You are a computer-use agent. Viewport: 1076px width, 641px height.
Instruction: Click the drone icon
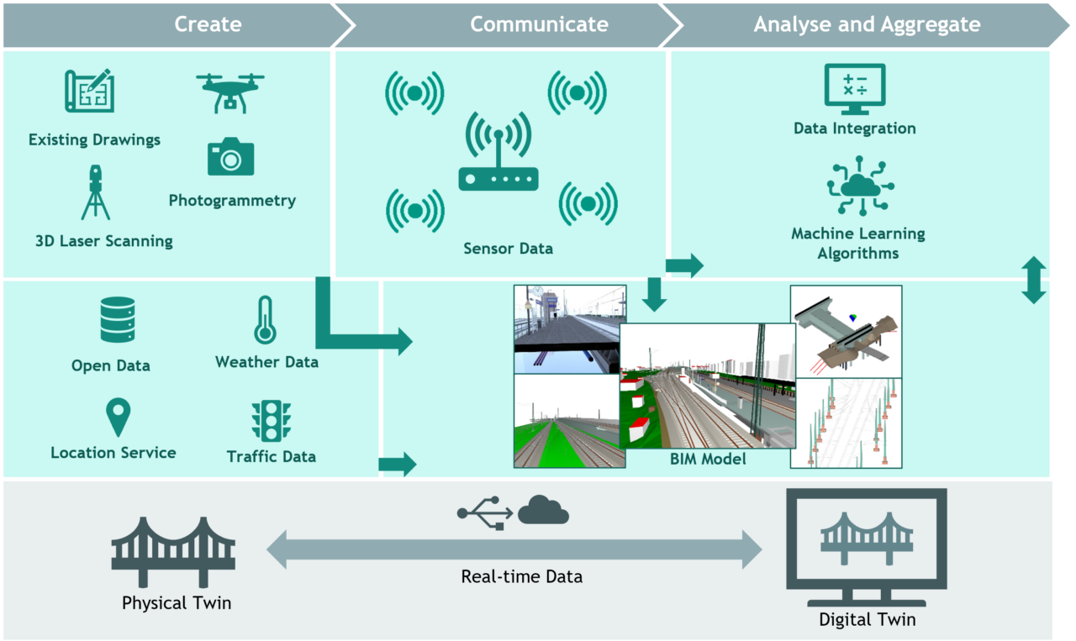coord(230,91)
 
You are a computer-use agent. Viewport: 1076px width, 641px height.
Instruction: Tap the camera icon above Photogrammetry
coord(230,157)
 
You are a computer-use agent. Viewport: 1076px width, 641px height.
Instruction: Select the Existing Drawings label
coord(94,139)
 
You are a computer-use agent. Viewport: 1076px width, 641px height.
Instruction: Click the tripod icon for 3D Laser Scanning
coord(95,192)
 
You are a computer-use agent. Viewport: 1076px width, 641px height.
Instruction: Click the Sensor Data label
coord(508,249)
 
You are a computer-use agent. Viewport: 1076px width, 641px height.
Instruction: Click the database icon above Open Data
coord(118,319)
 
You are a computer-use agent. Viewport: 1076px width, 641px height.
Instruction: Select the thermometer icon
coord(266,320)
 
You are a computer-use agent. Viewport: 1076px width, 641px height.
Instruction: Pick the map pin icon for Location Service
coord(118,418)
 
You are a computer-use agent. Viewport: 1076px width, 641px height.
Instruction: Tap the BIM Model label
coord(708,459)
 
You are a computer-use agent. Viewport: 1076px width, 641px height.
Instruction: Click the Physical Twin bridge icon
coord(173,551)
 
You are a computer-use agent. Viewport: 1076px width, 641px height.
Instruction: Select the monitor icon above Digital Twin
coord(866,547)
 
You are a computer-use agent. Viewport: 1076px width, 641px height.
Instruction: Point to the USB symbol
coord(485,512)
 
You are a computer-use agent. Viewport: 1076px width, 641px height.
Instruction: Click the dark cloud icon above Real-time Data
coord(543,510)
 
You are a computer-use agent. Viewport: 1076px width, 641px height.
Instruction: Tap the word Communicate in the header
coord(539,24)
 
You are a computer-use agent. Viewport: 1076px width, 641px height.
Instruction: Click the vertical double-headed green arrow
coord(1033,281)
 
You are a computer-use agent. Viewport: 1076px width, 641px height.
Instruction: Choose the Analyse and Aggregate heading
coord(867,24)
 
